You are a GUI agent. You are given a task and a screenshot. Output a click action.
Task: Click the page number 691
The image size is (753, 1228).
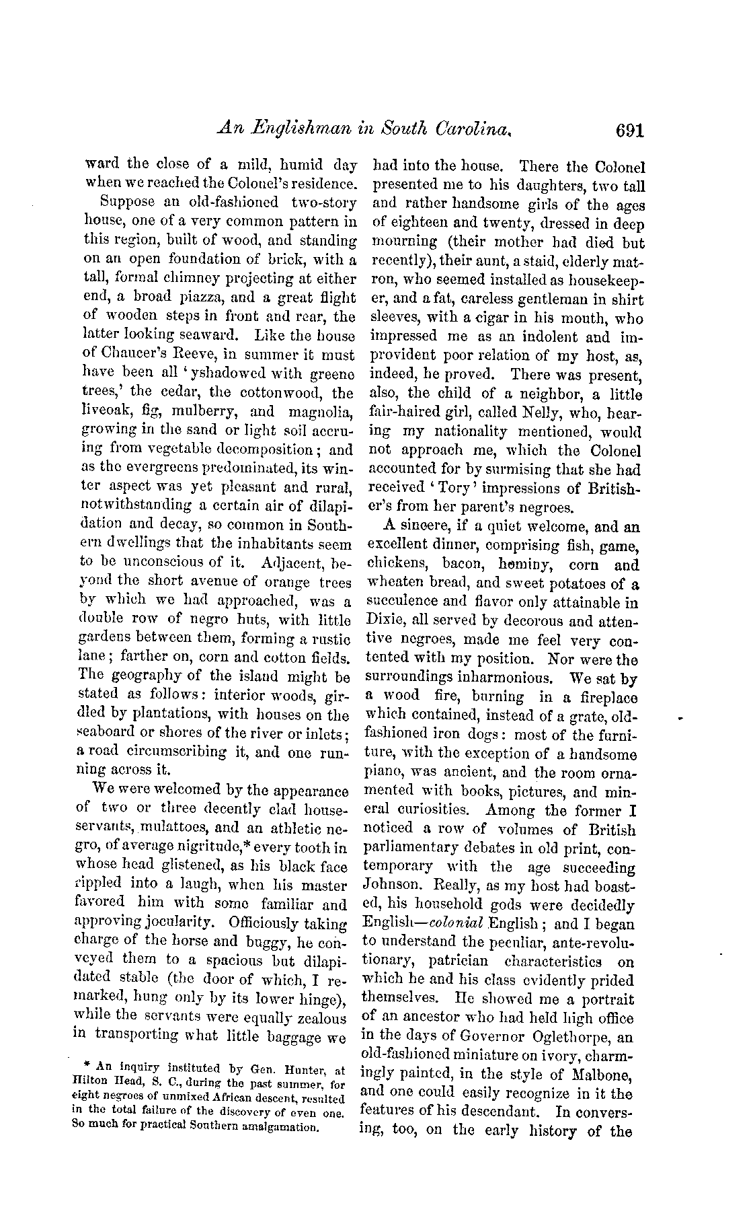(x=629, y=130)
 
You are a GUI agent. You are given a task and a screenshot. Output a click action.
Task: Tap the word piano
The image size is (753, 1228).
(x=386, y=773)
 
